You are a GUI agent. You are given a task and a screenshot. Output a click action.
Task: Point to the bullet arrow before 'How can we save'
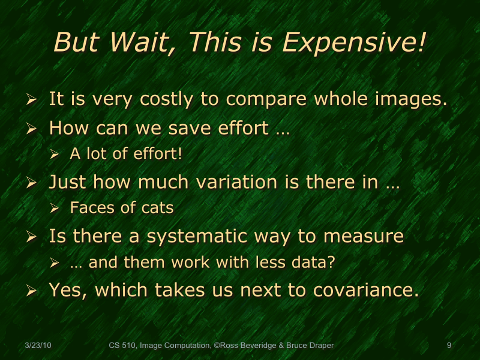tap(31, 130)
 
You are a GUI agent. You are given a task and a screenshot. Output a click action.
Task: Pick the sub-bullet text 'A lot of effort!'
tap(125, 154)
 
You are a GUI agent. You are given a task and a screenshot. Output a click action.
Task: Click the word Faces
tap(89, 208)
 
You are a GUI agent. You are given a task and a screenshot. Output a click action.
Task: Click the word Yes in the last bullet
tap(68, 290)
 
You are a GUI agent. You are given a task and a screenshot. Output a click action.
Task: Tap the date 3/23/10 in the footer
tap(38, 345)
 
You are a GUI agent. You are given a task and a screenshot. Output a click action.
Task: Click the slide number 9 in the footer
tap(449, 345)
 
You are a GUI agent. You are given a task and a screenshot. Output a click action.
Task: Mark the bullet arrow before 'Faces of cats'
tap(53, 209)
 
